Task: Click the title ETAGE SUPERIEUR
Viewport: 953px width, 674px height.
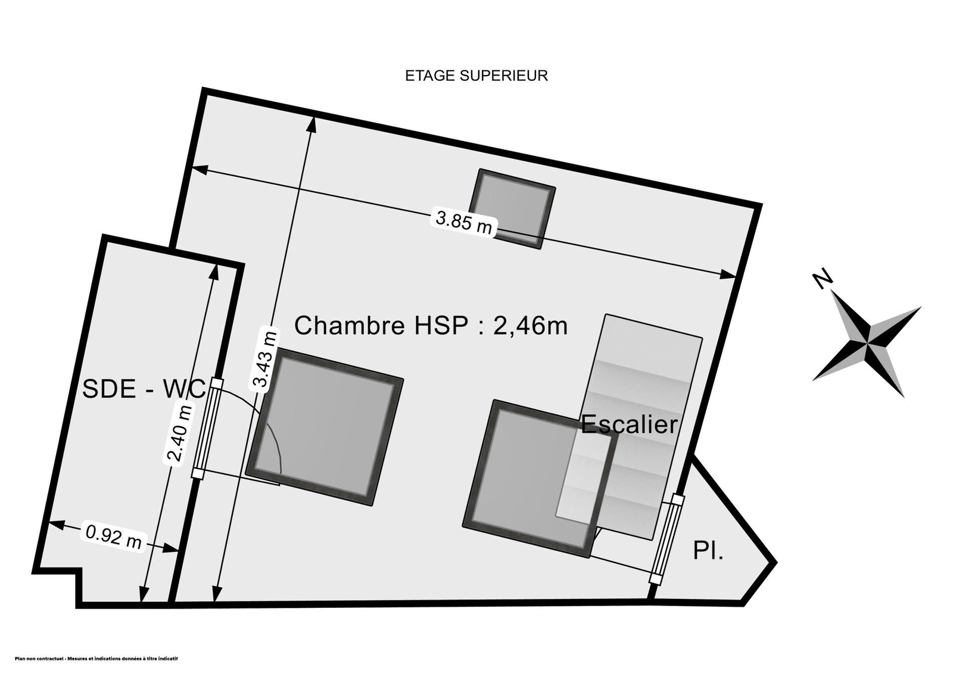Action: click(476, 76)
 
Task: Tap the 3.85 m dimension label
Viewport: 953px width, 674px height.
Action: click(464, 221)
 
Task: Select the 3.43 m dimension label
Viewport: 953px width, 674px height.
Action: click(264, 359)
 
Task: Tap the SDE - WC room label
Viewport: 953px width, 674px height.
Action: click(144, 389)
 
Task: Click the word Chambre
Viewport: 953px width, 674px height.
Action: click(349, 326)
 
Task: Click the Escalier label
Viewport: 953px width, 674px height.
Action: click(629, 425)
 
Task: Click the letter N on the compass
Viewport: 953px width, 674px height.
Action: click(823, 279)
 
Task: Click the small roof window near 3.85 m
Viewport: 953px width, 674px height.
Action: click(512, 209)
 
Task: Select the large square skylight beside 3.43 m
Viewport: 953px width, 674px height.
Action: click(325, 426)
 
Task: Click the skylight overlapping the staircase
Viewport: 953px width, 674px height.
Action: click(540, 479)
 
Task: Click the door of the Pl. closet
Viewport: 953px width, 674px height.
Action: click(667, 539)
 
